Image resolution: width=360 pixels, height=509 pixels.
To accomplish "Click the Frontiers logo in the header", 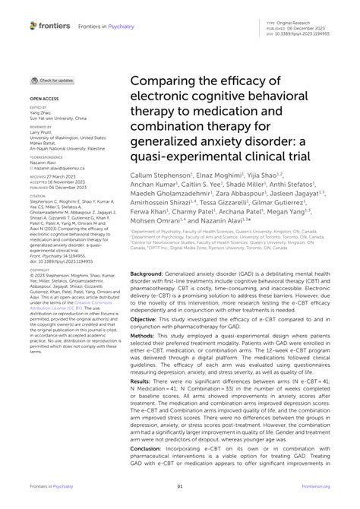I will click(49, 25).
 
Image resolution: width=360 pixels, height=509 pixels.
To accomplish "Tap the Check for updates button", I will click(52, 81).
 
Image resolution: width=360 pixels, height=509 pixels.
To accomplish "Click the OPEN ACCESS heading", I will click(43, 99).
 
